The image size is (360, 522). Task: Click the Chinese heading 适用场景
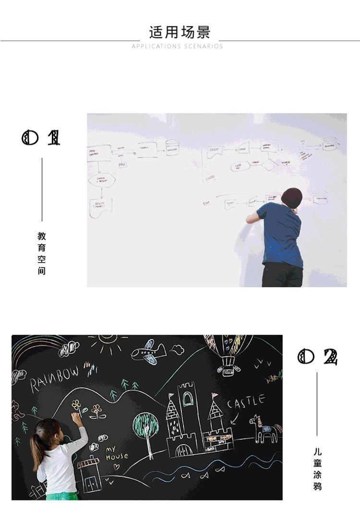180,33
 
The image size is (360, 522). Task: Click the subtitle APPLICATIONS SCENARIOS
177,47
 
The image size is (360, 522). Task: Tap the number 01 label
41,138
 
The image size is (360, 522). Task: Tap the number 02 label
317,357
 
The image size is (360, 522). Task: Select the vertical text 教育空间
42,253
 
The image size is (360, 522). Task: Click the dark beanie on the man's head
292,197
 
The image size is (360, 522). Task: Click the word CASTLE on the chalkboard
245,401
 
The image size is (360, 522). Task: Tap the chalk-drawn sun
108,344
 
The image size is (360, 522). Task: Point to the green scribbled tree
145,425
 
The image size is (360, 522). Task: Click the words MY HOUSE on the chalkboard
116,453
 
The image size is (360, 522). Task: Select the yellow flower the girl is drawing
76,404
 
